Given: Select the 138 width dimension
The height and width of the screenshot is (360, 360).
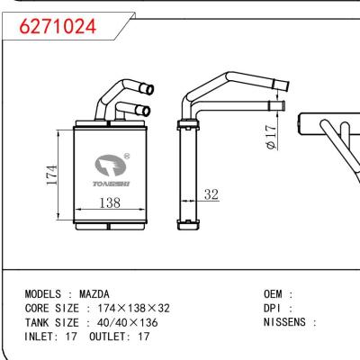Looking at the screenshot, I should point(108,204).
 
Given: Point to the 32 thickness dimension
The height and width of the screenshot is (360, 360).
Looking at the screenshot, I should point(211,194).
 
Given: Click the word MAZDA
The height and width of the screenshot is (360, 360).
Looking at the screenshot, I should point(94,294).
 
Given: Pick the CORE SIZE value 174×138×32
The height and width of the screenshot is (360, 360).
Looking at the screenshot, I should point(127,308).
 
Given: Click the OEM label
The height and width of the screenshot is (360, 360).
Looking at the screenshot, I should point(271,294).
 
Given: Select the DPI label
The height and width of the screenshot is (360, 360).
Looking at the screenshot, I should point(271,308).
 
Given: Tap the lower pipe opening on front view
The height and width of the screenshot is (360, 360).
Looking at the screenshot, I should point(143,111).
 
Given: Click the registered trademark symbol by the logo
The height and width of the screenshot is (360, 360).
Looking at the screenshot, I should point(127,156).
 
